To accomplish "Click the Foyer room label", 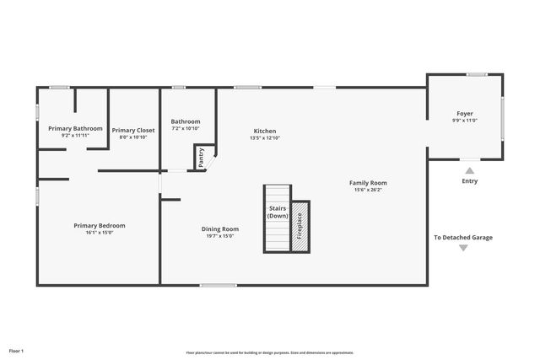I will click(465, 113).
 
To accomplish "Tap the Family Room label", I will click(369, 183).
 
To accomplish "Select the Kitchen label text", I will click(265, 131).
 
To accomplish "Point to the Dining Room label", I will click(219, 228).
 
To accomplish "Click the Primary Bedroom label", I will click(100, 225).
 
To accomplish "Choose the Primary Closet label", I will click(133, 130).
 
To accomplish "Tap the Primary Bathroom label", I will click(75, 128).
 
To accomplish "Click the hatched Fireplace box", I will click(300, 226).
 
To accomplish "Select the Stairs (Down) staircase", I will click(277, 218).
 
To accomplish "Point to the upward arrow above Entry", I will click(470, 170).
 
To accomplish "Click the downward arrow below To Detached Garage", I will click(463, 248).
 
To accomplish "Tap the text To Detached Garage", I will click(463, 238).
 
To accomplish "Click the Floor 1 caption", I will click(17, 350).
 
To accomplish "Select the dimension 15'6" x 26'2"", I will click(369, 190).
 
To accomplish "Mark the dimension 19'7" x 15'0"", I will click(219, 236).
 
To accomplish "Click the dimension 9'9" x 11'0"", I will click(465, 121).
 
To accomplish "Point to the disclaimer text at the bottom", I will click(270, 352).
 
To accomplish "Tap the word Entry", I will click(470, 181).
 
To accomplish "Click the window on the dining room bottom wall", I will click(218, 285).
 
